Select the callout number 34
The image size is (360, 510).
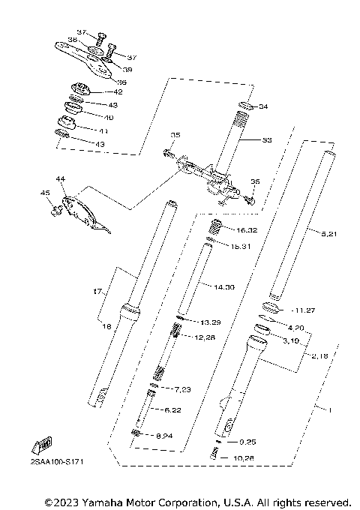262,106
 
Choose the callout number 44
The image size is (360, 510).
61,180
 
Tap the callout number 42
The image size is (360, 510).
118,91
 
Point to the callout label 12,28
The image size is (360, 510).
205,337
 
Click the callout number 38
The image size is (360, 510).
73,40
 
